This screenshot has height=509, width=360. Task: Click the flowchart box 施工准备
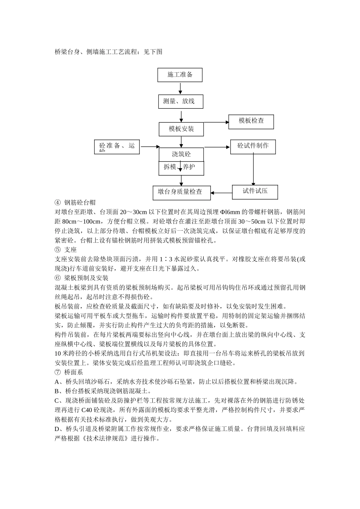180,75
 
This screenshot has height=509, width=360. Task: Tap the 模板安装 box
181,129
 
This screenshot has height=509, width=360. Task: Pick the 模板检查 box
251,122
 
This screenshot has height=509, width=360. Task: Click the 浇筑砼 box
181,154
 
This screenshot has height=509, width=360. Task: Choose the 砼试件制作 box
253,146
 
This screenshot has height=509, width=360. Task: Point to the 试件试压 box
255,192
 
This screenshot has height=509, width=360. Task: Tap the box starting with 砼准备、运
117,147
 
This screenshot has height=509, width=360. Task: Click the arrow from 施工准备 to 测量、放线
180,88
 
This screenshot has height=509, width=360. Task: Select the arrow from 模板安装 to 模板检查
216,122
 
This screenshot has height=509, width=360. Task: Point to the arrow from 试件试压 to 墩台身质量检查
221,193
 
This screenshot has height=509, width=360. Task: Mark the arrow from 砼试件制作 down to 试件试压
253,169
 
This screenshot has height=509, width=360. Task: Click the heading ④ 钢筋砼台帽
75,203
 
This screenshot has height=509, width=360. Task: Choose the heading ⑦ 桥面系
69,372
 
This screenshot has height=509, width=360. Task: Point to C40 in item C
87,410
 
